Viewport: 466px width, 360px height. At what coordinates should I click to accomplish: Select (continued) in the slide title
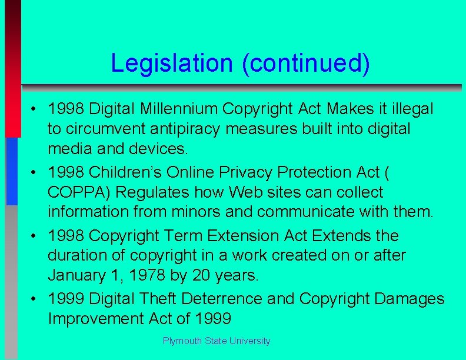306,64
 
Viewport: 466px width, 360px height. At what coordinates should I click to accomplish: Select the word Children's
125,172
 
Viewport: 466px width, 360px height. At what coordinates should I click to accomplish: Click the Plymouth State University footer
217,341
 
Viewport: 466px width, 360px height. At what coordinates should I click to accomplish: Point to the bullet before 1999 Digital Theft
36,299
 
